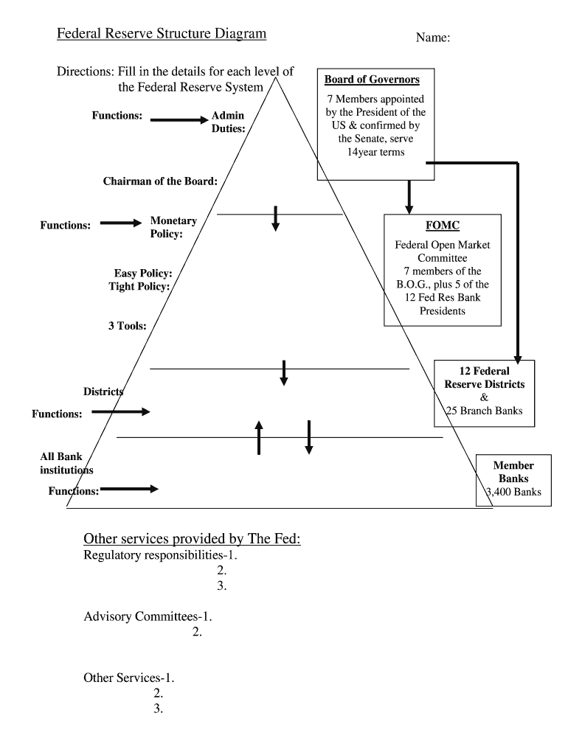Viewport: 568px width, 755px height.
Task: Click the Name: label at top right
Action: pos(433,38)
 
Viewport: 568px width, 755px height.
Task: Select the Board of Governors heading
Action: pos(372,80)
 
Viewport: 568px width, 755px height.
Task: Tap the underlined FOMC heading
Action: pos(442,226)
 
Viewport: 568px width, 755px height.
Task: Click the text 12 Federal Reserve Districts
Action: pos(484,377)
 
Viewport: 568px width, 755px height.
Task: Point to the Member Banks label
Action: pos(513,472)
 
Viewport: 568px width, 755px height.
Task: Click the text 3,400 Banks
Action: pos(513,492)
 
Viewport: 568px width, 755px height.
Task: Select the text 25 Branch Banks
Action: pos(484,411)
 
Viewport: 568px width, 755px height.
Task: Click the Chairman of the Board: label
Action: pos(160,181)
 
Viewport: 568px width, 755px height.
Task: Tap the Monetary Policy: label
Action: pos(173,227)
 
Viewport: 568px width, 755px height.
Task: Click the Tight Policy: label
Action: pos(139,286)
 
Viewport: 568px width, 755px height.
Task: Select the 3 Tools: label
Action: pos(127,325)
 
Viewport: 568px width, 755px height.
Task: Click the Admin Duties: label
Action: pos(228,122)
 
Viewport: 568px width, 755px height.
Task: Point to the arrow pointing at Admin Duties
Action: pos(179,119)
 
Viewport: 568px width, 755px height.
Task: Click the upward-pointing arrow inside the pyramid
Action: pos(259,437)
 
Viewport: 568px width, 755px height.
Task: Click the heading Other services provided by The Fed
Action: pos(192,539)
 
